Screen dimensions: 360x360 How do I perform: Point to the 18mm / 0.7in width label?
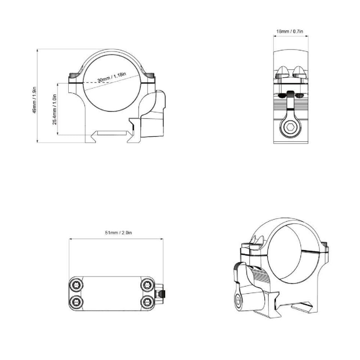tap(290, 31)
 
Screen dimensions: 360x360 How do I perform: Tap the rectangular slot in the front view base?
tap(111, 133)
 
